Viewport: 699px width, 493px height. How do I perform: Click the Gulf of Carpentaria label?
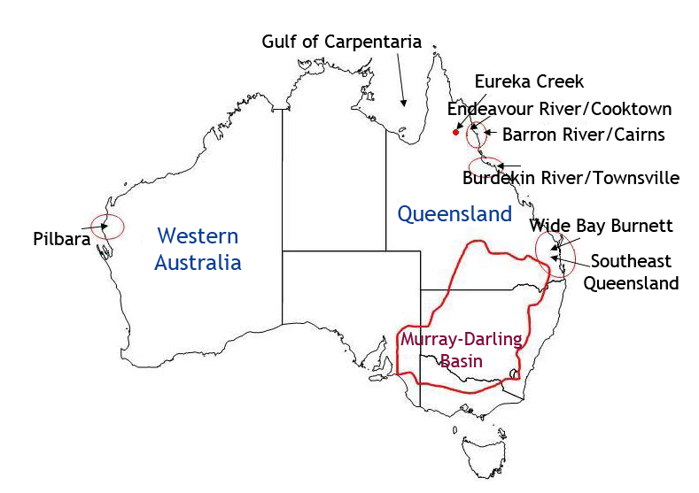pos(341,42)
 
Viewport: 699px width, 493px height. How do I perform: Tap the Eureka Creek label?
pos(529,81)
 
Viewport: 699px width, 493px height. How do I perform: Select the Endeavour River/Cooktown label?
pos(559,109)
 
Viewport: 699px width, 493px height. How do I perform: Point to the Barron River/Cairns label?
pos(583,135)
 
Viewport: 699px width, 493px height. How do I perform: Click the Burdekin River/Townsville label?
pos(571,178)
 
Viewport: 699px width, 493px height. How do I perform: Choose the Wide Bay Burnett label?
pos(601,226)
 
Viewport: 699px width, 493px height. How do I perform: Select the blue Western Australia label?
pos(198,249)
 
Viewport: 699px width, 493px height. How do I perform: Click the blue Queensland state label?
pos(454,213)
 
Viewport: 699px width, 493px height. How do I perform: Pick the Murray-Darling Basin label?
pos(461,350)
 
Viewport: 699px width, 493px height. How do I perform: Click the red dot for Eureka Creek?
pos(456,132)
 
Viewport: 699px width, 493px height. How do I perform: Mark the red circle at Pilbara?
pos(108,226)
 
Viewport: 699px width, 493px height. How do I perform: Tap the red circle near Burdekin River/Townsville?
pos(485,167)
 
